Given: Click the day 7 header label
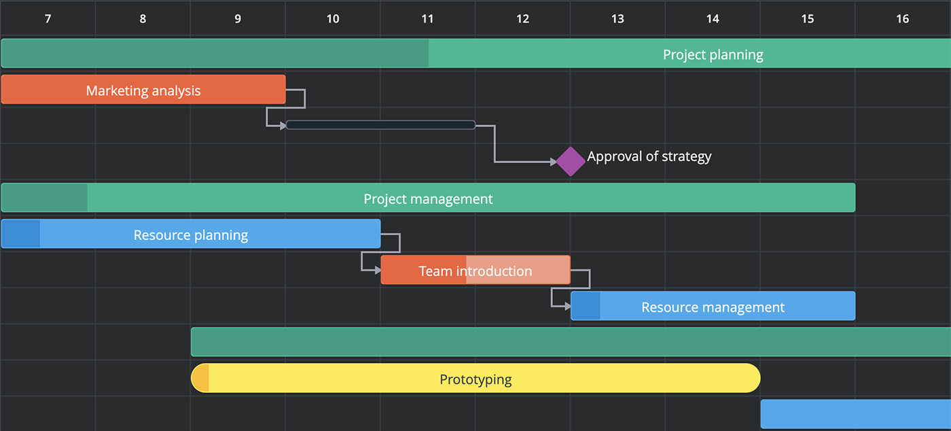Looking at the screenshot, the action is click(48, 19).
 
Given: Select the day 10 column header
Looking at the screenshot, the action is click(333, 19).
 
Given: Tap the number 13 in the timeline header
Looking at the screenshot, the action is click(617, 19).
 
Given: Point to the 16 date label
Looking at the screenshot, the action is click(903, 19).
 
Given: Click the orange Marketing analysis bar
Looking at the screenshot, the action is click(143, 89).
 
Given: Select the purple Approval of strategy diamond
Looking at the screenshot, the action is click(571, 162).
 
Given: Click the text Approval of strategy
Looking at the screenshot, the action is click(649, 156).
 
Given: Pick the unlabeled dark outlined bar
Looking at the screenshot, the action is click(381, 125).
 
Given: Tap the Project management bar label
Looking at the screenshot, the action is click(428, 199).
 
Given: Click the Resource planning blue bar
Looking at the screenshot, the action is click(191, 233).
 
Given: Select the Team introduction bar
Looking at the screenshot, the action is click(475, 270).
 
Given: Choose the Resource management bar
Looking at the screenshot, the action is click(713, 306).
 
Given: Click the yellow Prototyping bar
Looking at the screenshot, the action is click(475, 378).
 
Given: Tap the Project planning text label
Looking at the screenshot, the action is click(713, 54).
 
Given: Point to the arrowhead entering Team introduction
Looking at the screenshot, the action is click(378, 270).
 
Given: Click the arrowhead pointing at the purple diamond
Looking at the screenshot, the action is click(553, 162).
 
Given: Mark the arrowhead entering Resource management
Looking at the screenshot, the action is click(568, 306).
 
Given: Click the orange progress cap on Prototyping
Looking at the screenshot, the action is click(200, 378).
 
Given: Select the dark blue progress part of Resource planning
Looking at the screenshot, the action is click(21, 233).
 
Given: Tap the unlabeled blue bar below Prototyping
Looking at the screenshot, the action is click(855, 414).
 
